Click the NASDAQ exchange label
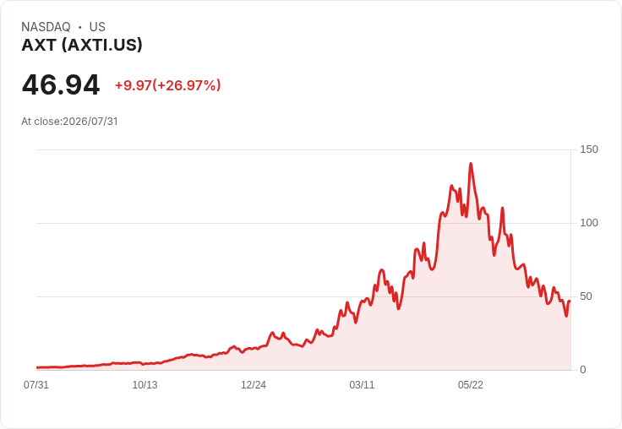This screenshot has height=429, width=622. (46, 27)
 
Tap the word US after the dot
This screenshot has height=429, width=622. (97, 27)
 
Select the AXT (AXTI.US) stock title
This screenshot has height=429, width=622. (82, 46)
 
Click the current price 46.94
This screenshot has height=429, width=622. (61, 84)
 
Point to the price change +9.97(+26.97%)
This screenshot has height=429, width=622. (168, 85)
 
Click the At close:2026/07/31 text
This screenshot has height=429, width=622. (69, 122)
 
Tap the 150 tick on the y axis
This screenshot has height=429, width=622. (589, 149)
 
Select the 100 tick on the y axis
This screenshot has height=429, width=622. (589, 223)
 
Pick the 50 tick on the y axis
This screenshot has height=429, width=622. (586, 296)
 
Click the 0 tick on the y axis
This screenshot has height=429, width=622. (583, 370)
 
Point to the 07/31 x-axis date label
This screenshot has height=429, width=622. (36, 385)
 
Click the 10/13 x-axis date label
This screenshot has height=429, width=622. (145, 385)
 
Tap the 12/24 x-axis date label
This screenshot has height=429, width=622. (254, 385)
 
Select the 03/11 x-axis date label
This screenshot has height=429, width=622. (362, 385)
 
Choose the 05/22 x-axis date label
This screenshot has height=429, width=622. (471, 385)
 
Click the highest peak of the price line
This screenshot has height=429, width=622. (471, 163)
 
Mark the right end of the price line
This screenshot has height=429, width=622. (570, 301)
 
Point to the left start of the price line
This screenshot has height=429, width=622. (37, 367)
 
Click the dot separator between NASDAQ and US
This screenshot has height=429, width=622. (80, 27)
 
